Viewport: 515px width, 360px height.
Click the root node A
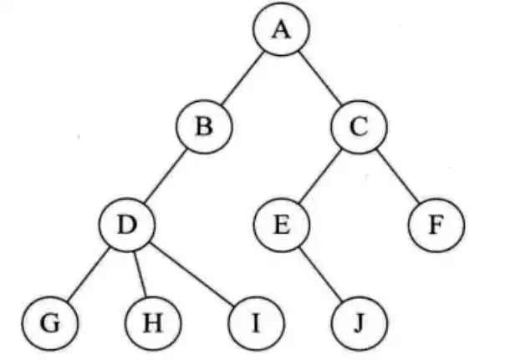282,31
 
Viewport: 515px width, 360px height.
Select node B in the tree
204,128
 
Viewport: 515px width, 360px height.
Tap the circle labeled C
359,128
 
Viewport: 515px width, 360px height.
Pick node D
126,225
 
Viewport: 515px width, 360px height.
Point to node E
282,225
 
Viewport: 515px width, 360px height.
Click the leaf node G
49,322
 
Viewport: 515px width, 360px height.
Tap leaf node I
255,322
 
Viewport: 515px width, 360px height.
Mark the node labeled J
359,322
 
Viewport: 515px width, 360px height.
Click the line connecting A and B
242,79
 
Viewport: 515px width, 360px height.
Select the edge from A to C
320,79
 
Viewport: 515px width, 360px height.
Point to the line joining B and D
165,176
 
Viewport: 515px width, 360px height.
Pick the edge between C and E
320,176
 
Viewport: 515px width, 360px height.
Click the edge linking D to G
88,273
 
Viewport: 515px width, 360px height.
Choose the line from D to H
140,273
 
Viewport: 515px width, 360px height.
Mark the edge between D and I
191,273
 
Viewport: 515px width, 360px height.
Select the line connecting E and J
320,273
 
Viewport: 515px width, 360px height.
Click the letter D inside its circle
126,225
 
